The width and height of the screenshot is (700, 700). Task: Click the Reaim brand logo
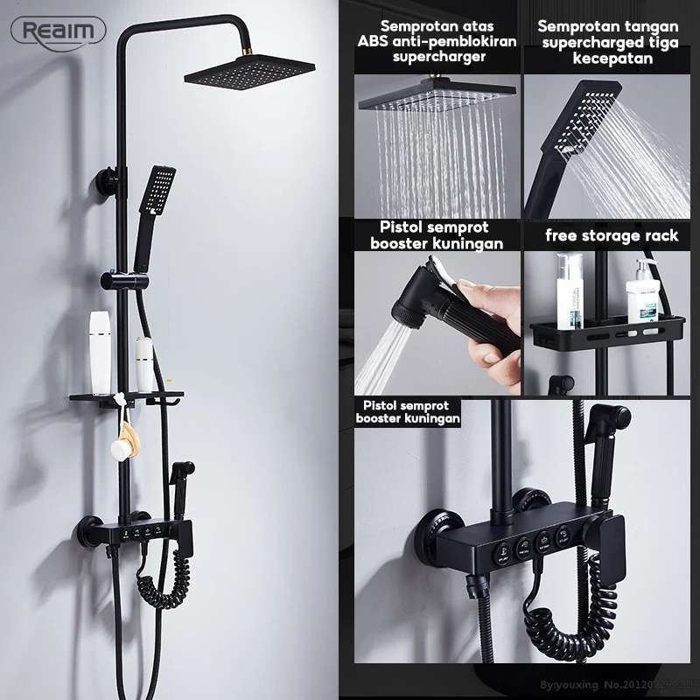click(59, 31)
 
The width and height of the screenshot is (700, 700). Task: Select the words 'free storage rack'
click(612, 235)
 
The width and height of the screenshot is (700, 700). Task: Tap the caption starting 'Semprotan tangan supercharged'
click(608, 41)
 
